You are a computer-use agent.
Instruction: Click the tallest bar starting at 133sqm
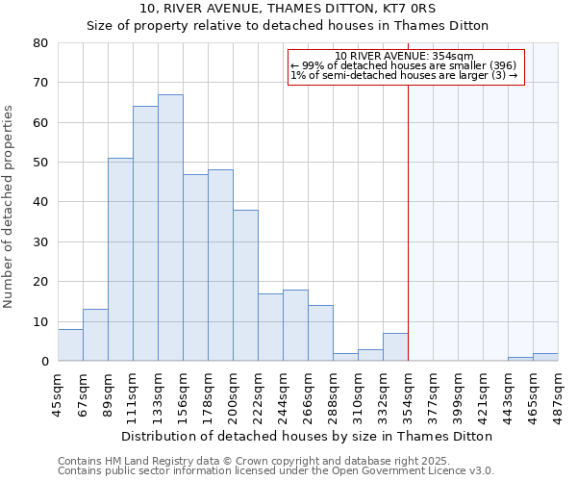[x=170, y=228]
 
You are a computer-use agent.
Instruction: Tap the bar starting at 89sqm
[x=120, y=260]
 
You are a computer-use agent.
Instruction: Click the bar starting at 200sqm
[x=245, y=286]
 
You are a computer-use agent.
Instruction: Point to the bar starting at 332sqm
[x=395, y=347]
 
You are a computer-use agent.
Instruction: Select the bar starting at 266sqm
[x=320, y=333]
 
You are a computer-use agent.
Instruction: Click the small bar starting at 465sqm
[x=545, y=357]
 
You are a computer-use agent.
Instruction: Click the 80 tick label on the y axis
[x=40, y=42]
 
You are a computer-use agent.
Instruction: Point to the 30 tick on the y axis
[x=40, y=241]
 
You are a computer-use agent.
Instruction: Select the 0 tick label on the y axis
[x=44, y=362]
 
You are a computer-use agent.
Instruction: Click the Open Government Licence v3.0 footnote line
[x=276, y=470]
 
